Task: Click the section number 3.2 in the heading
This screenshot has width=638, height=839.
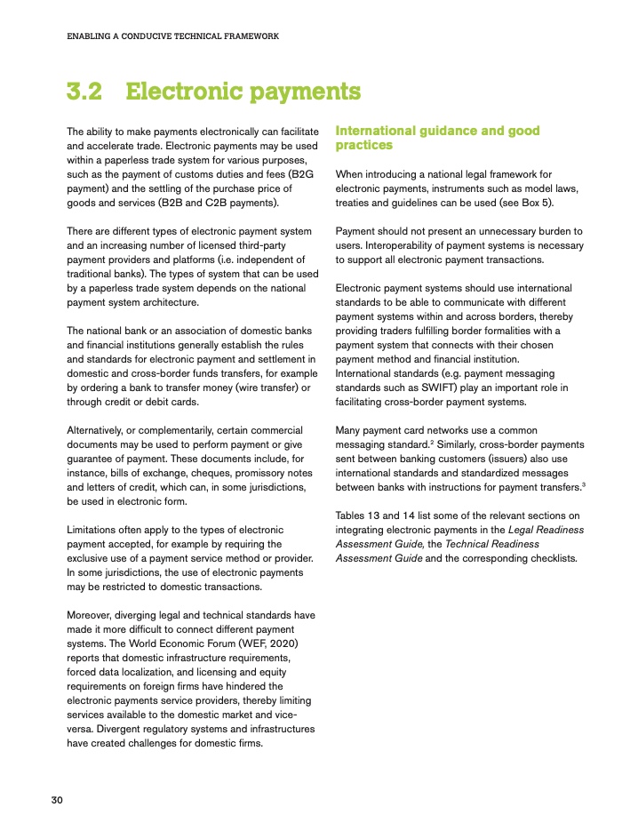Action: tap(85, 92)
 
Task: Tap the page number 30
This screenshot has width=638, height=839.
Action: tap(56, 801)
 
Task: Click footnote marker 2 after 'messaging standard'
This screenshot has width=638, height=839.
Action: tap(432, 441)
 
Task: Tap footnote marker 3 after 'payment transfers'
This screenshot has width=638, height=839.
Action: tap(583, 484)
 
